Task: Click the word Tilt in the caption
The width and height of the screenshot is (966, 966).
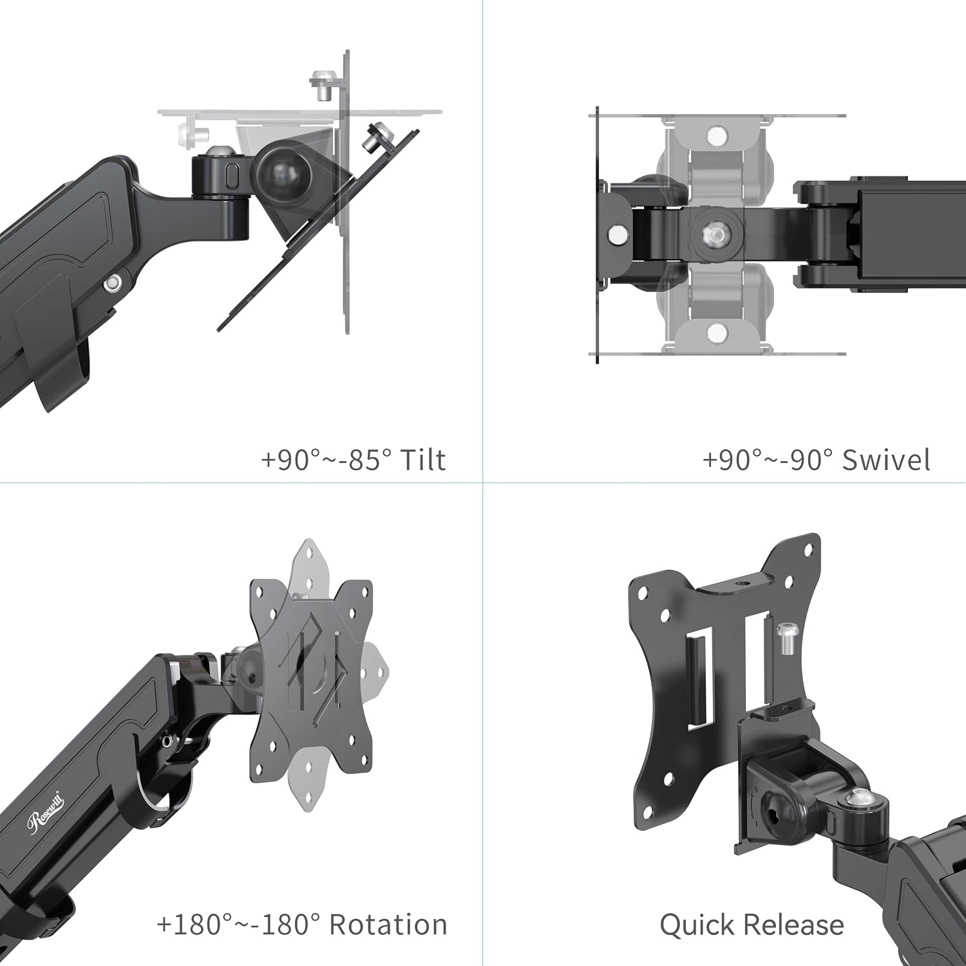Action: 422,460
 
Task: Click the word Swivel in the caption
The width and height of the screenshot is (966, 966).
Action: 886,460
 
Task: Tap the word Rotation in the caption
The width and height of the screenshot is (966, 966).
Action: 388,925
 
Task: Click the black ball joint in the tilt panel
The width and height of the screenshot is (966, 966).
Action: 284,169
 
